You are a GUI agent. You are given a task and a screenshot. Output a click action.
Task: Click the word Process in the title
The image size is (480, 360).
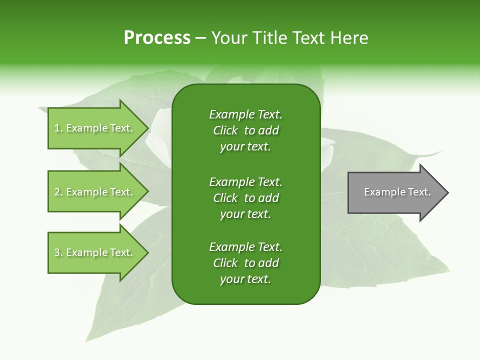click(x=157, y=38)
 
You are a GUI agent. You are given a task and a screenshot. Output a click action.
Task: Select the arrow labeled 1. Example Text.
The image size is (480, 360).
click(x=95, y=128)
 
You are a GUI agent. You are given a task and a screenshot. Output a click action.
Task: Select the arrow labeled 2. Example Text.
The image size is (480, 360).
click(x=95, y=192)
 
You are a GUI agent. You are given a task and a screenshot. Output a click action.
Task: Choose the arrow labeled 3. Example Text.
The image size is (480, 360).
click(x=95, y=252)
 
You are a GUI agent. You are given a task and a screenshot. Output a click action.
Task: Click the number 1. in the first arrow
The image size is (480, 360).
click(x=58, y=128)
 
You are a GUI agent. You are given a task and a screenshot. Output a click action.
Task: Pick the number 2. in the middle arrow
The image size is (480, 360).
click(x=58, y=192)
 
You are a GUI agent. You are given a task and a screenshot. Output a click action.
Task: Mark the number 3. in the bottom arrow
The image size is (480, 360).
click(x=58, y=252)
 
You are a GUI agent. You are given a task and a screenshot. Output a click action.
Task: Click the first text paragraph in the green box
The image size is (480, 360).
click(x=245, y=130)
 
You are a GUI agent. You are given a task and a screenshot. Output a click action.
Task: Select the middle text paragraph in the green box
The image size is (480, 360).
click(x=245, y=198)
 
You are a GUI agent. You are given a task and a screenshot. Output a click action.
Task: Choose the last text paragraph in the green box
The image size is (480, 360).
click(x=245, y=263)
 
